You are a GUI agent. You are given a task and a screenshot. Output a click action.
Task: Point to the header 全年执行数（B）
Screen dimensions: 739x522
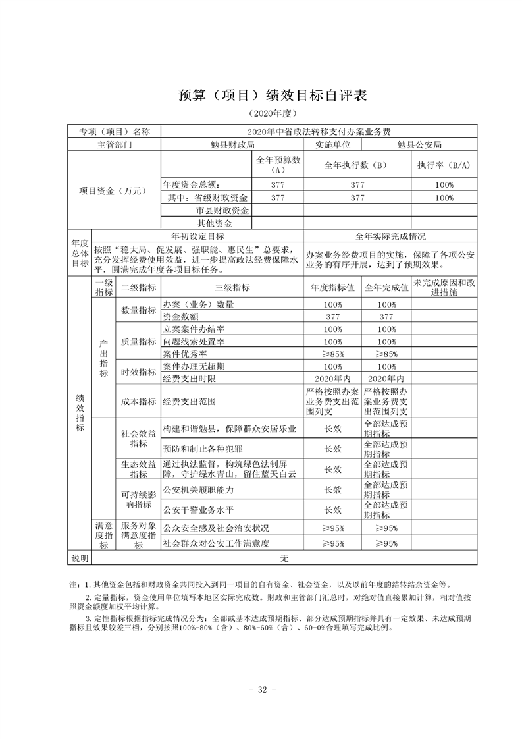pyautogui.click(x=357, y=165)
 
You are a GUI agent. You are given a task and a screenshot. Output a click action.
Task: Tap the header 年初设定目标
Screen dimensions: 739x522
pyautogui.click(x=197, y=236)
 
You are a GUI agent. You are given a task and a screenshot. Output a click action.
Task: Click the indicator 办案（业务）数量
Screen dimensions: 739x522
pyautogui.click(x=194, y=305)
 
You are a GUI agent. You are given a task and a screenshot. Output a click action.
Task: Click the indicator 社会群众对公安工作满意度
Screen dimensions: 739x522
pyautogui.click(x=217, y=543)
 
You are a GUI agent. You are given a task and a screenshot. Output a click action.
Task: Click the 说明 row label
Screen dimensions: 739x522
pyautogui.click(x=79, y=558)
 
